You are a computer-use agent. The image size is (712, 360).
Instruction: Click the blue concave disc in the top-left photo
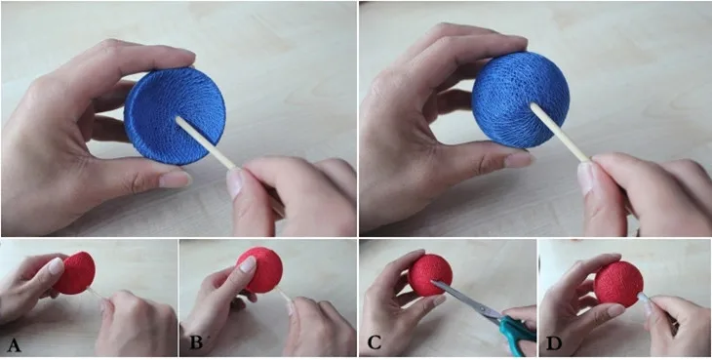(175, 116)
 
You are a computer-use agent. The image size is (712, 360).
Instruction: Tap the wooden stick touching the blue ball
(561, 134)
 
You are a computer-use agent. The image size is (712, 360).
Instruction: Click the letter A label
(14, 345)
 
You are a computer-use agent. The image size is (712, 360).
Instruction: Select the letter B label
(196, 342)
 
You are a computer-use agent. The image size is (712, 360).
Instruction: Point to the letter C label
(374, 342)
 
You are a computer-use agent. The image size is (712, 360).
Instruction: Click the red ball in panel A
(76, 273)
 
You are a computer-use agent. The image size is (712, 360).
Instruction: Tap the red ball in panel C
(430, 275)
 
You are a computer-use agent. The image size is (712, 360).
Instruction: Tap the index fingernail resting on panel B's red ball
(247, 264)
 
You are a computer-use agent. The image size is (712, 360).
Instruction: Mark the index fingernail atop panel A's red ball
(57, 265)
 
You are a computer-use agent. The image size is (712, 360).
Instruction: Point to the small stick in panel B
(284, 297)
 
